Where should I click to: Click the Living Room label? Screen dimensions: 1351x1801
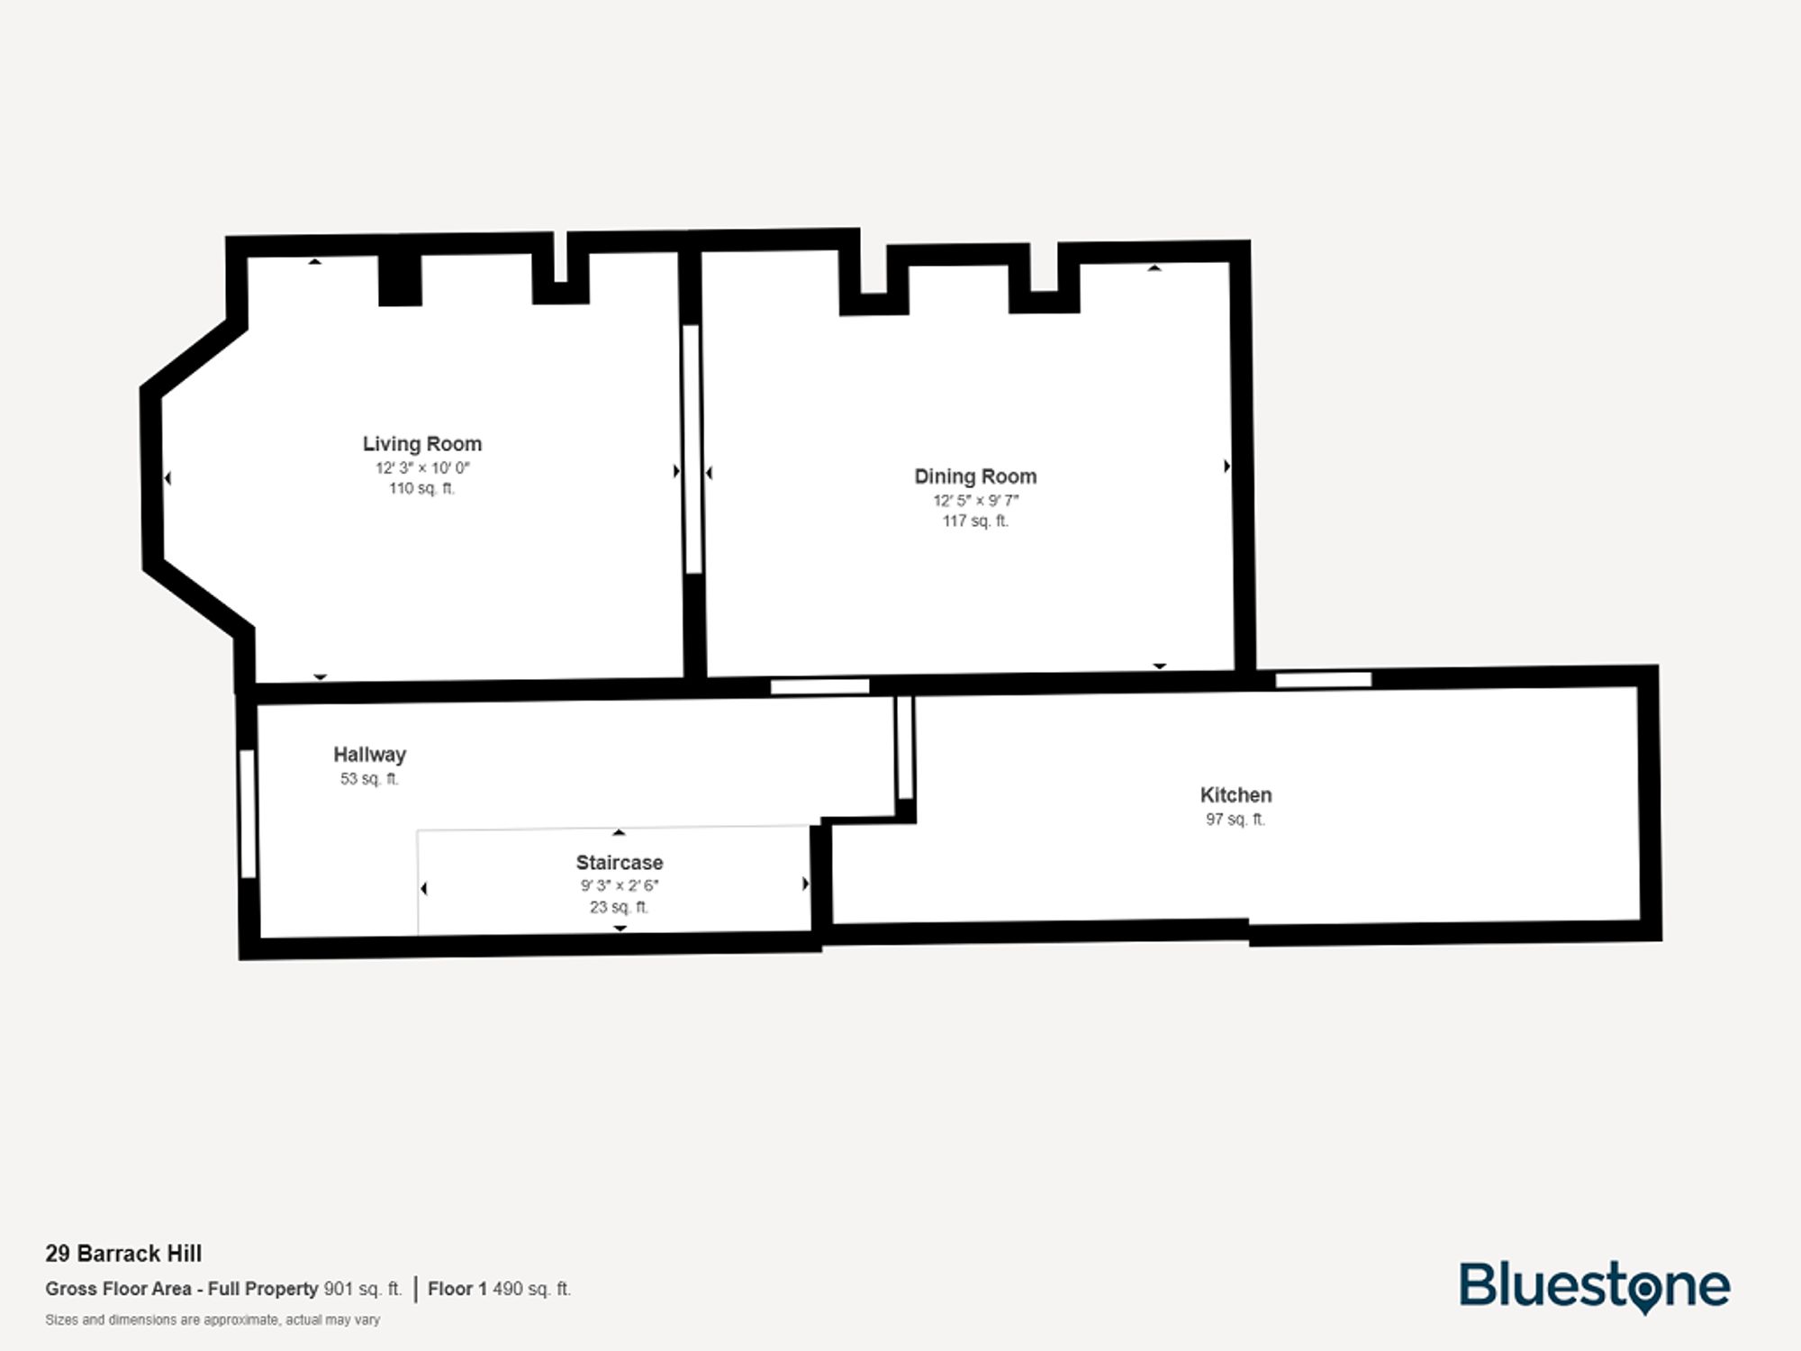421,444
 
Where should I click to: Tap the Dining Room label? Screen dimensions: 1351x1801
975,476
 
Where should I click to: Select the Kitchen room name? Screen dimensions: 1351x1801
1235,795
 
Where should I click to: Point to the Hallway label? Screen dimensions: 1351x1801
369,755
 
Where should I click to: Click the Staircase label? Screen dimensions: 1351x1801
620,863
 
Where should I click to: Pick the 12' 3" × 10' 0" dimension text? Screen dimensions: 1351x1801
422,468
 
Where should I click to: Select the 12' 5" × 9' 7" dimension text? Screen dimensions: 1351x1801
975,501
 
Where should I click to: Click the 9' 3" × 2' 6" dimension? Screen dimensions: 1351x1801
620,885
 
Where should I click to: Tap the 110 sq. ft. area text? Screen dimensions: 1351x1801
421,489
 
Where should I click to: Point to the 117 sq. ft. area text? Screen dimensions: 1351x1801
975,521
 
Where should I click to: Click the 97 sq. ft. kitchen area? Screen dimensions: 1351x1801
1235,820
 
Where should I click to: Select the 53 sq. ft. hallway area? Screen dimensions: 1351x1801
369,779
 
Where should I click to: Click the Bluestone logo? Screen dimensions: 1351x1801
1594,1285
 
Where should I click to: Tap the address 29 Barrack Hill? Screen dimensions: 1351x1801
123,1254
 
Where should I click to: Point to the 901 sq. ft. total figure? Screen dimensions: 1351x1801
362,1289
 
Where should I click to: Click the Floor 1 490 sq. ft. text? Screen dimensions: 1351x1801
499,1289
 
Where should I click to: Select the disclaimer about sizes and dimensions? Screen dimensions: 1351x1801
213,1320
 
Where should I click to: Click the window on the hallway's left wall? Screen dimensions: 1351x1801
248,813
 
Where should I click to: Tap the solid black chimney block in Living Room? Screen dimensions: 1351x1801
400,280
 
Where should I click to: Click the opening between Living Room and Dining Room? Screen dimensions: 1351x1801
692,449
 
